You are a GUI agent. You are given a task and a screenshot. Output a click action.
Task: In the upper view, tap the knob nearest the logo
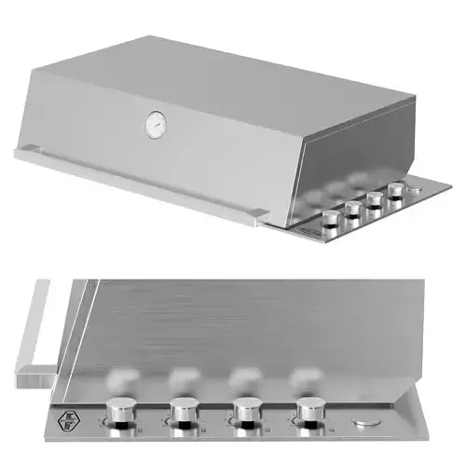coord(329,218)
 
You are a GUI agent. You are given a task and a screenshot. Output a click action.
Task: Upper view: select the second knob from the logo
coord(353,208)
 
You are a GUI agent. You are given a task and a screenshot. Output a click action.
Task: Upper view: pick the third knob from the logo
coord(376,199)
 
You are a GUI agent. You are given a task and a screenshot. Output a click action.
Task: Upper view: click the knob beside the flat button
coord(396,190)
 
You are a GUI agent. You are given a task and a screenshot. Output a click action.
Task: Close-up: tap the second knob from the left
coord(183,409)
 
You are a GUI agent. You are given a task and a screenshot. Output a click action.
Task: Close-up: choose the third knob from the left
coord(245,409)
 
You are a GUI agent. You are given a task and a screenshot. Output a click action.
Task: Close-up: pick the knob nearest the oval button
coord(308,409)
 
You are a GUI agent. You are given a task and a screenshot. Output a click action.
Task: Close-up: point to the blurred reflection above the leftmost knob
coord(118,377)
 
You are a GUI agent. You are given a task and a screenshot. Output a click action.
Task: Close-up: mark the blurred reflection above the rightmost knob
coord(304,377)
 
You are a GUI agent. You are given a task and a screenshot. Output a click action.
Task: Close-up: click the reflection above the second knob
coord(181,377)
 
